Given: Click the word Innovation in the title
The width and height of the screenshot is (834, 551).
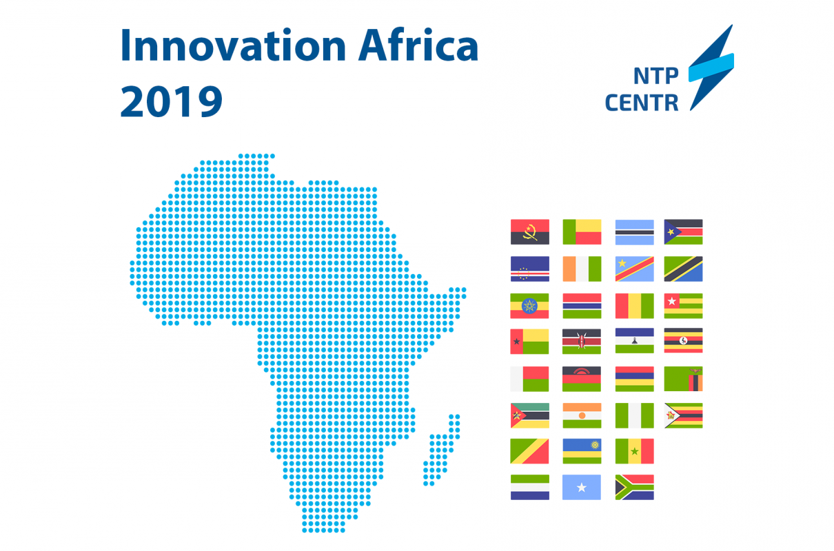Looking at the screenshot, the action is pos(233,45).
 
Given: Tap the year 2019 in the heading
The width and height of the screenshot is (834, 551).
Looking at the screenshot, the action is pos(171,101).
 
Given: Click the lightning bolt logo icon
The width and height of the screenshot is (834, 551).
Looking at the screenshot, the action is pos(711,67).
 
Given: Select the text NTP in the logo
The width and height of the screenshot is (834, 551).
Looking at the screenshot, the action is pos(656,76).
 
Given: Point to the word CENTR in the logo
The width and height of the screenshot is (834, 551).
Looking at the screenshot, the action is pos(642,103).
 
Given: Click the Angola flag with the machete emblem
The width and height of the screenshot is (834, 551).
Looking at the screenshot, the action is pos(530,232).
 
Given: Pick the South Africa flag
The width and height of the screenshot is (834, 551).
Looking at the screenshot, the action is pos(634,487).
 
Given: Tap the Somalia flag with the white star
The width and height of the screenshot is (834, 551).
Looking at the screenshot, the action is pos(582,487).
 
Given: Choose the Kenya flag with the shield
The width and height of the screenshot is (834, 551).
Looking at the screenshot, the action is pos(582,341).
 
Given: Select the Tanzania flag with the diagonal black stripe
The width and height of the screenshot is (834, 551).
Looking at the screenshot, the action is pos(683,269).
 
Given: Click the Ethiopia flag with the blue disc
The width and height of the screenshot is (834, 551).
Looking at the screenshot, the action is pos(529,306).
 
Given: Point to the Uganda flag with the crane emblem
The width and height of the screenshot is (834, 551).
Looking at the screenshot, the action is pos(683,340).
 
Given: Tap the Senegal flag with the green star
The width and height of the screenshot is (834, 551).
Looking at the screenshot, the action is pos(634,451).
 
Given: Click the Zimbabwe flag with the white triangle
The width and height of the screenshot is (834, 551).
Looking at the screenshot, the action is pos(683,415).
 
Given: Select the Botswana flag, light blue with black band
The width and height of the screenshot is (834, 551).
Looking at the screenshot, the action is pos(634,232).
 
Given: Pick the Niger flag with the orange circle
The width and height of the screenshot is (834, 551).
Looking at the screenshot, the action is pos(582,415).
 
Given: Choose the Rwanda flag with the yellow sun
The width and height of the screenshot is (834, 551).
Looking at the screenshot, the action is pos(582,451).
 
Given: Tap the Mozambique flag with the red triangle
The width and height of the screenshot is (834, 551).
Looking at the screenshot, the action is pos(530,415).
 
